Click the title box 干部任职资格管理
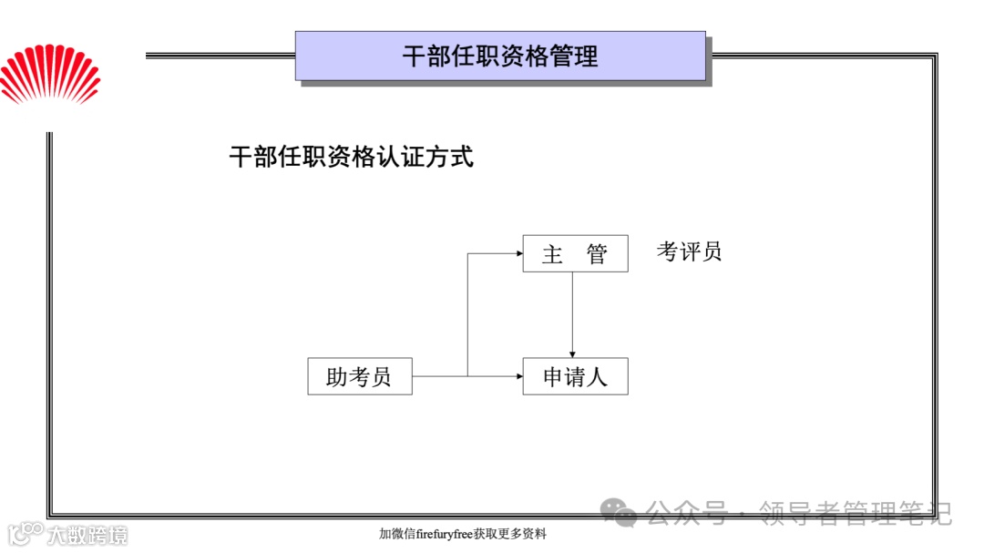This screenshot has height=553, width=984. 500,56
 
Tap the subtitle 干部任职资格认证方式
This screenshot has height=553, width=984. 351,157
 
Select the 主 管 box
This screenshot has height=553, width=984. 575,253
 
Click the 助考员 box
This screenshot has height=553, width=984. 359,376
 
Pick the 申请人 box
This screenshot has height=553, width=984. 575,376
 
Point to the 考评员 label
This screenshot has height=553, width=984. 689,251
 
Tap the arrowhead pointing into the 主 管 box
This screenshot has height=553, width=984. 518,254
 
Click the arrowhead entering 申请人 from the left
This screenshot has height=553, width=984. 518,375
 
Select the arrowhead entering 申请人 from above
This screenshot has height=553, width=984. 572,353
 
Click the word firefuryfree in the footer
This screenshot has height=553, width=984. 445,534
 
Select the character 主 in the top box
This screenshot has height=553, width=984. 552,254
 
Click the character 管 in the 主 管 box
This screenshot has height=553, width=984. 597,254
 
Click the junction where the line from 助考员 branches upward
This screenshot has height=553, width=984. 467,375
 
